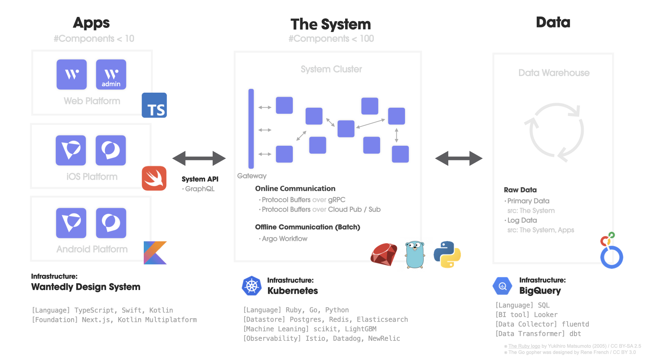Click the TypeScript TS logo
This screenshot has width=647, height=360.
(154, 105)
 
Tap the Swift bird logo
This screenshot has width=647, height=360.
(154, 178)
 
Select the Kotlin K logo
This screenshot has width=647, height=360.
(155, 253)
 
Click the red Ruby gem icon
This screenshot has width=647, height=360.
(384, 255)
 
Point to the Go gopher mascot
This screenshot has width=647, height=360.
(415, 255)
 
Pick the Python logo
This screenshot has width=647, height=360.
(447, 255)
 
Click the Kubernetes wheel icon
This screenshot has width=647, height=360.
(251, 286)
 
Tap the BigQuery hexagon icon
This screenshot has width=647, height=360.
(502, 286)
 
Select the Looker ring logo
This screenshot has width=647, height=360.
(611, 252)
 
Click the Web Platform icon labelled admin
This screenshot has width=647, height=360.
(111, 75)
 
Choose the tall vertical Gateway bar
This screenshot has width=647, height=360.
(251, 129)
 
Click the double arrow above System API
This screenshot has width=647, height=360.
(199, 159)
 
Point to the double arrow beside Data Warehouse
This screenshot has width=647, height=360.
(459, 159)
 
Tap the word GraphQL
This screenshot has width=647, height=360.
(200, 189)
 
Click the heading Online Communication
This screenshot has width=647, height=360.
(295, 189)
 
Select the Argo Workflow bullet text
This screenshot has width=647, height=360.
(285, 239)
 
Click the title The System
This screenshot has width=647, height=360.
(331, 24)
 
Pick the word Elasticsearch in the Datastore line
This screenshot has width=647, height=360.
(382, 320)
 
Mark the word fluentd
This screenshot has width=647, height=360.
(575, 324)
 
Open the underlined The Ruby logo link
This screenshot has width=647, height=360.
(524, 346)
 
